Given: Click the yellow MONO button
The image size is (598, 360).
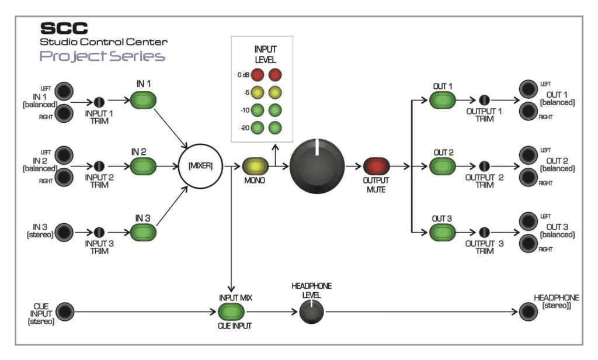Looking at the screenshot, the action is coord(255,167).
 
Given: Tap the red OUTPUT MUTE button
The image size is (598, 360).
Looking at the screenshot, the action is coord(376,167).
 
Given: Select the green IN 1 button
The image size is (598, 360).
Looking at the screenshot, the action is coord(143,101).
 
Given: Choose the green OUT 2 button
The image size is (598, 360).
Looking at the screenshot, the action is coord(443,167).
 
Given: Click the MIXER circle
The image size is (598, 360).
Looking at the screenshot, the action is coord(200,166).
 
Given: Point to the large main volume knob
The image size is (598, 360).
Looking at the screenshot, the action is coord(317,167).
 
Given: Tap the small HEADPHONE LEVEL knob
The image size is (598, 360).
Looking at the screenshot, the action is coord(311,311).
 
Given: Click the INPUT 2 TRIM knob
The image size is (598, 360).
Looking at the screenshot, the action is coord(99,166).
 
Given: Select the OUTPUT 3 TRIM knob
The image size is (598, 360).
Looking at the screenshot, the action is coord(484,232).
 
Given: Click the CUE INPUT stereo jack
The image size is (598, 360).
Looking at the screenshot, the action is coord(64,311).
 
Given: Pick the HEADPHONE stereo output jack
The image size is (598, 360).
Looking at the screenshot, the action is coord(528,311).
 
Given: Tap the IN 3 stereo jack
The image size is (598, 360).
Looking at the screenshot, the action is coord(64,232).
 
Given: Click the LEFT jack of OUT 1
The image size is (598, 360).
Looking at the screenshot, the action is coord(528,89).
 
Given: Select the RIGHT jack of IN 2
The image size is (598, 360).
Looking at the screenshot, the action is coord(64,177).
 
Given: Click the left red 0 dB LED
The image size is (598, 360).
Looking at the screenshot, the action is coord(258,75).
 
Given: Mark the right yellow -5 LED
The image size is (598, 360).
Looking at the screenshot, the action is coord(275,92).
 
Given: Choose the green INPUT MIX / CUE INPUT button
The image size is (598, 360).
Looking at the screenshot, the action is coord(231,311).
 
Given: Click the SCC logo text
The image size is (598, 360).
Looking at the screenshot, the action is coord(64,28).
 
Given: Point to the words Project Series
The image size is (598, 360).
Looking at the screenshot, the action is coord(102,56).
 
